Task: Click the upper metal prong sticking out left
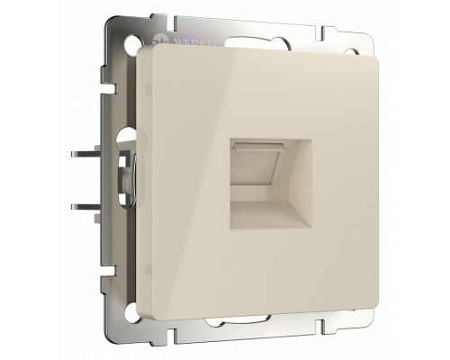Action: [x=85, y=157]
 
